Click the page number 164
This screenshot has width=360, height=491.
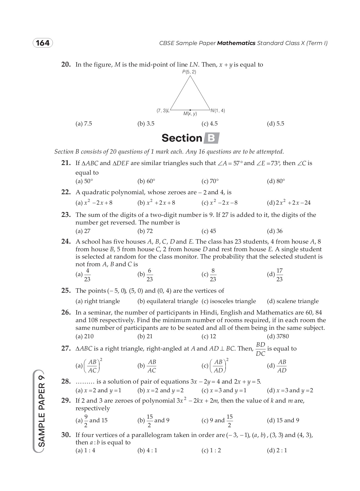pyautogui.click(x=43, y=43)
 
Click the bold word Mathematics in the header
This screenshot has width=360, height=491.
pyautogui.click(x=236, y=43)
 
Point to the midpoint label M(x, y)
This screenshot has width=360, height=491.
pyautogui.click(x=190, y=114)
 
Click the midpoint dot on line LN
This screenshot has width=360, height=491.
pyautogui.click(x=190, y=110)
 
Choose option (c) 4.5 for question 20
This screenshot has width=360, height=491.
pyautogui.click(x=209, y=124)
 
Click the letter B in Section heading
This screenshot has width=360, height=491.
pyautogui.click(x=211, y=138)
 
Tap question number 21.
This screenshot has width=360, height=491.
pyautogui.click(x=66, y=163)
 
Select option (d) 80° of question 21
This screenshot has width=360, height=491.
pyautogui.click(x=276, y=181)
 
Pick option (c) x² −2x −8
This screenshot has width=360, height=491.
pyautogui.click(x=220, y=203)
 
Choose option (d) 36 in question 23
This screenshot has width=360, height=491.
pyautogui.click(x=275, y=231)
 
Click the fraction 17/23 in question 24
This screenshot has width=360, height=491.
pyautogui.click(x=280, y=275)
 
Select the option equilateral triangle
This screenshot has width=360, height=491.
pyautogui.click(x=168, y=301)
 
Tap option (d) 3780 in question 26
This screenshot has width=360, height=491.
pyautogui.click(x=278, y=336)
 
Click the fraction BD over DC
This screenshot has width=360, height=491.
pyautogui.click(x=260, y=349)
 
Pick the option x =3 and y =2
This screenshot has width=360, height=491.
pyautogui.click(x=290, y=390)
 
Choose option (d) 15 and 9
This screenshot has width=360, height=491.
pyautogui.click(x=283, y=420)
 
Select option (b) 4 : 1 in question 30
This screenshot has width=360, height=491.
pyautogui.click(x=147, y=450)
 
